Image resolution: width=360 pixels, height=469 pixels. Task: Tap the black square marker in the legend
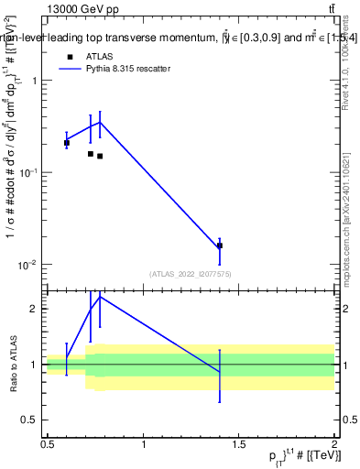click(x=70, y=56)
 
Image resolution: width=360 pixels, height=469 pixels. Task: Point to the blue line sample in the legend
click(x=70, y=69)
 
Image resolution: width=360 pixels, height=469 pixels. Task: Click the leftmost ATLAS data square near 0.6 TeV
click(x=67, y=143)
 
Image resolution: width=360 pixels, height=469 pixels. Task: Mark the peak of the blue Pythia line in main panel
click(x=100, y=122)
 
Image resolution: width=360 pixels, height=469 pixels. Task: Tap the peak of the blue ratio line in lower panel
click(x=100, y=296)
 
